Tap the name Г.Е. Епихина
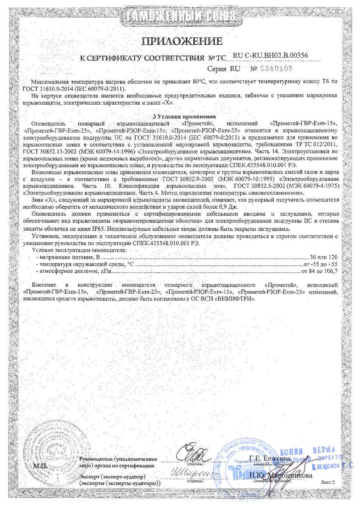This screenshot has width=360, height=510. (x=269, y=458)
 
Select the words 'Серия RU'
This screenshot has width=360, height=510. (x=229, y=69)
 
